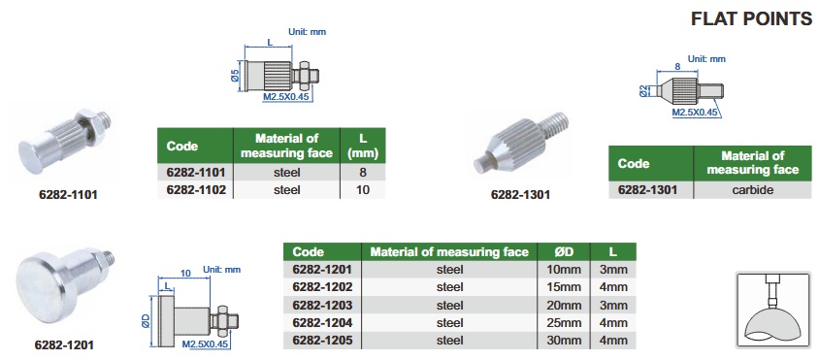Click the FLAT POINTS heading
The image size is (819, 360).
[751, 18]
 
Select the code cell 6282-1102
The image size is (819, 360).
[196, 189]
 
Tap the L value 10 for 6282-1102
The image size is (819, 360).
[363, 189]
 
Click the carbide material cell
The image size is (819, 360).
[753, 190]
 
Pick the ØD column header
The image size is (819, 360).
[564, 252]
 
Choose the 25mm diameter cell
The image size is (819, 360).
[564, 323]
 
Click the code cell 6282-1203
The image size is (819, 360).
[322, 305]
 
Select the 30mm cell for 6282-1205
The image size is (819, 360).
[564, 341]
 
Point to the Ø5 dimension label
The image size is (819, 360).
[235, 75]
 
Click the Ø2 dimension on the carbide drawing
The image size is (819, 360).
[643, 91]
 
